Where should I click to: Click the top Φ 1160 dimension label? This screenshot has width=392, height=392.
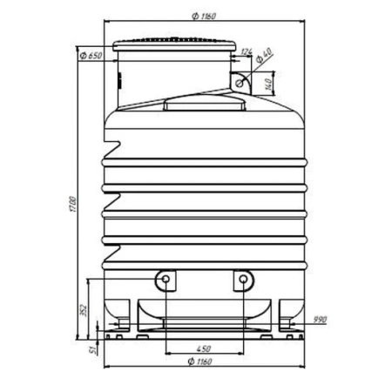[x=204, y=17]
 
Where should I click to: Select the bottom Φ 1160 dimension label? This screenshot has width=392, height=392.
[x=199, y=362]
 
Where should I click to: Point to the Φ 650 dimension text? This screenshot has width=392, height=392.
[x=91, y=55]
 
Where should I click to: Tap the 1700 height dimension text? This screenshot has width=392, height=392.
[x=73, y=204]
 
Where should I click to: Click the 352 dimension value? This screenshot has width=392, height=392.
[x=84, y=310]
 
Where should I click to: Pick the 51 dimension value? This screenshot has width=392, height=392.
[x=93, y=349]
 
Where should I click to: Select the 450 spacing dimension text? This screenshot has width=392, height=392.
[x=204, y=348]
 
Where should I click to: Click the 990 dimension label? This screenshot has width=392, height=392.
[x=320, y=320]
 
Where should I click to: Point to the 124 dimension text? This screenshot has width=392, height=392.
[x=247, y=52]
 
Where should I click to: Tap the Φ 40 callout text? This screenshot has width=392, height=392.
[x=264, y=55]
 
